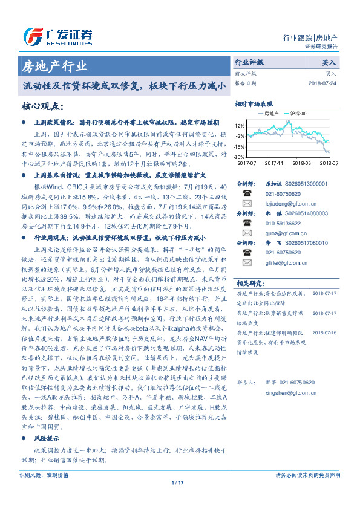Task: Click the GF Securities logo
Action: [x=57, y=34]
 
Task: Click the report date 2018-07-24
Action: [x=323, y=83]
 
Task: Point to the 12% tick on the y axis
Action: [x=240, y=126]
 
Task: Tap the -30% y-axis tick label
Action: [x=240, y=156]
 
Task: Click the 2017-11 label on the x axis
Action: [x=274, y=163]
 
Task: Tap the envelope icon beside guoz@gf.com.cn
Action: [x=246, y=231]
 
